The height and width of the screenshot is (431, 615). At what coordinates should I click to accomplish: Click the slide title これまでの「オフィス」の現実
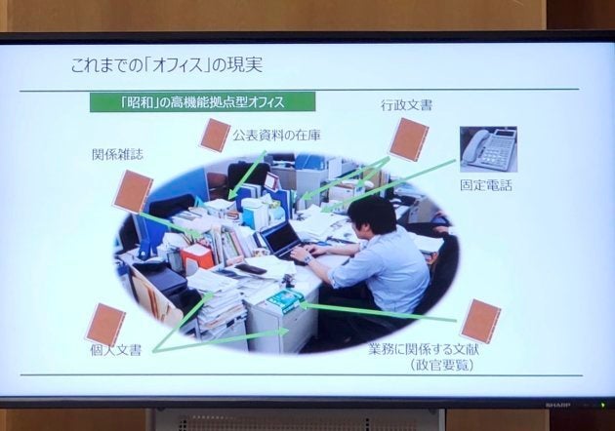click(x=167, y=65)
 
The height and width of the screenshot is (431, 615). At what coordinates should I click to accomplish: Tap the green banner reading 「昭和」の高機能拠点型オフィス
click(x=202, y=101)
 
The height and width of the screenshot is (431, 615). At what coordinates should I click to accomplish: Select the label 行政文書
click(x=406, y=105)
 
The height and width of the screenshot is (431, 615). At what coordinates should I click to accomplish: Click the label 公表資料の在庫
click(x=276, y=136)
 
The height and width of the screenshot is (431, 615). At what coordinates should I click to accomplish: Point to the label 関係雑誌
click(x=118, y=154)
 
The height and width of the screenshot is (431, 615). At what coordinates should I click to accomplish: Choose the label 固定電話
click(x=486, y=185)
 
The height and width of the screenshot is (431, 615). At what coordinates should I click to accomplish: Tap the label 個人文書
click(x=116, y=350)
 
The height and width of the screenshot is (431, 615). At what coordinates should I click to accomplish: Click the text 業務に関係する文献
click(x=424, y=349)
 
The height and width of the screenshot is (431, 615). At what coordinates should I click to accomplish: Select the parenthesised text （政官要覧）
click(x=442, y=365)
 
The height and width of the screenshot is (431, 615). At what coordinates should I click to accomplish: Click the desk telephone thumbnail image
click(x=488, y=149)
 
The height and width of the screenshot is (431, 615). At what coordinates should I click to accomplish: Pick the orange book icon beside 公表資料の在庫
click(x=215, y=136)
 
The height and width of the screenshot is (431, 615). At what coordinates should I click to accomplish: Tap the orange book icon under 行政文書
click(x=409, y=139)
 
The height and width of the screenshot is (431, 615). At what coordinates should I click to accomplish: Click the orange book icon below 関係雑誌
click(x=133, y=191)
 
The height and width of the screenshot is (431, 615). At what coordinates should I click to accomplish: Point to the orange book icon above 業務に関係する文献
click(x=480, y=321)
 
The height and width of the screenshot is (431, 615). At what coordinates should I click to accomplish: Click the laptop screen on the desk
click(x=281, y=237)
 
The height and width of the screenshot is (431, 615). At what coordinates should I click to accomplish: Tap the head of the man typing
click(x=372, y=217)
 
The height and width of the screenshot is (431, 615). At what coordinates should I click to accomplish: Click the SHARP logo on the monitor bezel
click(x=556, y=404)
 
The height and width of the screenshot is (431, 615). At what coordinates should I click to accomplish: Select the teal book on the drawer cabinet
click(x=285, y=301)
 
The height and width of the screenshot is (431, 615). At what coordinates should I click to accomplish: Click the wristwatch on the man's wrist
click(x=307, y=258)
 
